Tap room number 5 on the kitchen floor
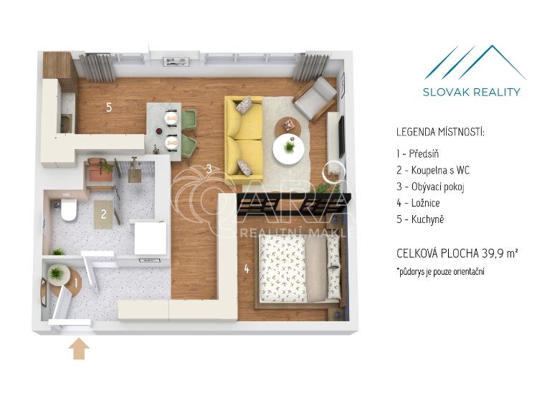tap(109, 108)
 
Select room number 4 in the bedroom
tap(246, 270)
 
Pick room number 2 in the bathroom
tap(104, 214)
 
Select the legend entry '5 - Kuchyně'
tap(420, 219)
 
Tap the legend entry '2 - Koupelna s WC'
tap(432, 171)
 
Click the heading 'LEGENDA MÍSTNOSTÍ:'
tap(440, 133)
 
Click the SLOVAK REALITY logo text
tap(472, 92)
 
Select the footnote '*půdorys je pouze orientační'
tap(441, 272)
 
